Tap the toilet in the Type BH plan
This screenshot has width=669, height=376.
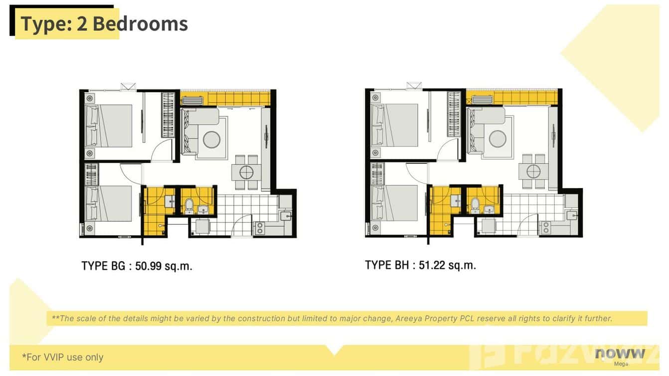(475, 204)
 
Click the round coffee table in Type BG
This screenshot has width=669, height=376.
(211, 139)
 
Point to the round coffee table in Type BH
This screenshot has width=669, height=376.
(498, 138)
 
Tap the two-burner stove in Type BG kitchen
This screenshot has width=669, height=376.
(260, 228)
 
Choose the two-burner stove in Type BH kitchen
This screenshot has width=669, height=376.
(546, 227)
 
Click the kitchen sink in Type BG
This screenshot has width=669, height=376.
(285, 215)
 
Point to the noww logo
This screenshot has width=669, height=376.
(620, 354)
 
